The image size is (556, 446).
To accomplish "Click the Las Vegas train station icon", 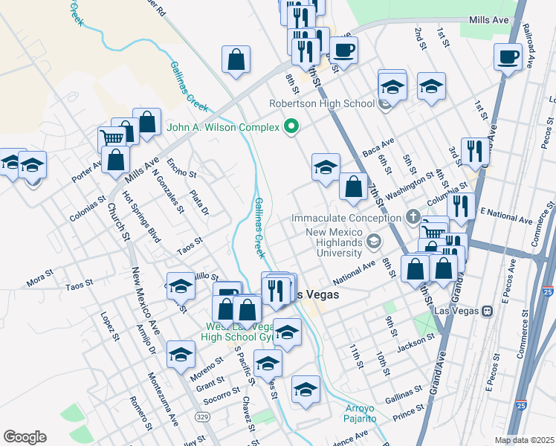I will point(488,311).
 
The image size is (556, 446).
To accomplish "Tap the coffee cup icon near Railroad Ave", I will point(509,57).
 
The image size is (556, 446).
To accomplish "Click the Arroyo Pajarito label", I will point(365,413).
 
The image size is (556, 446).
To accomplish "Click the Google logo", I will point(25,437).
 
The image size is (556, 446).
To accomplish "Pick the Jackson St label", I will point(415,343).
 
